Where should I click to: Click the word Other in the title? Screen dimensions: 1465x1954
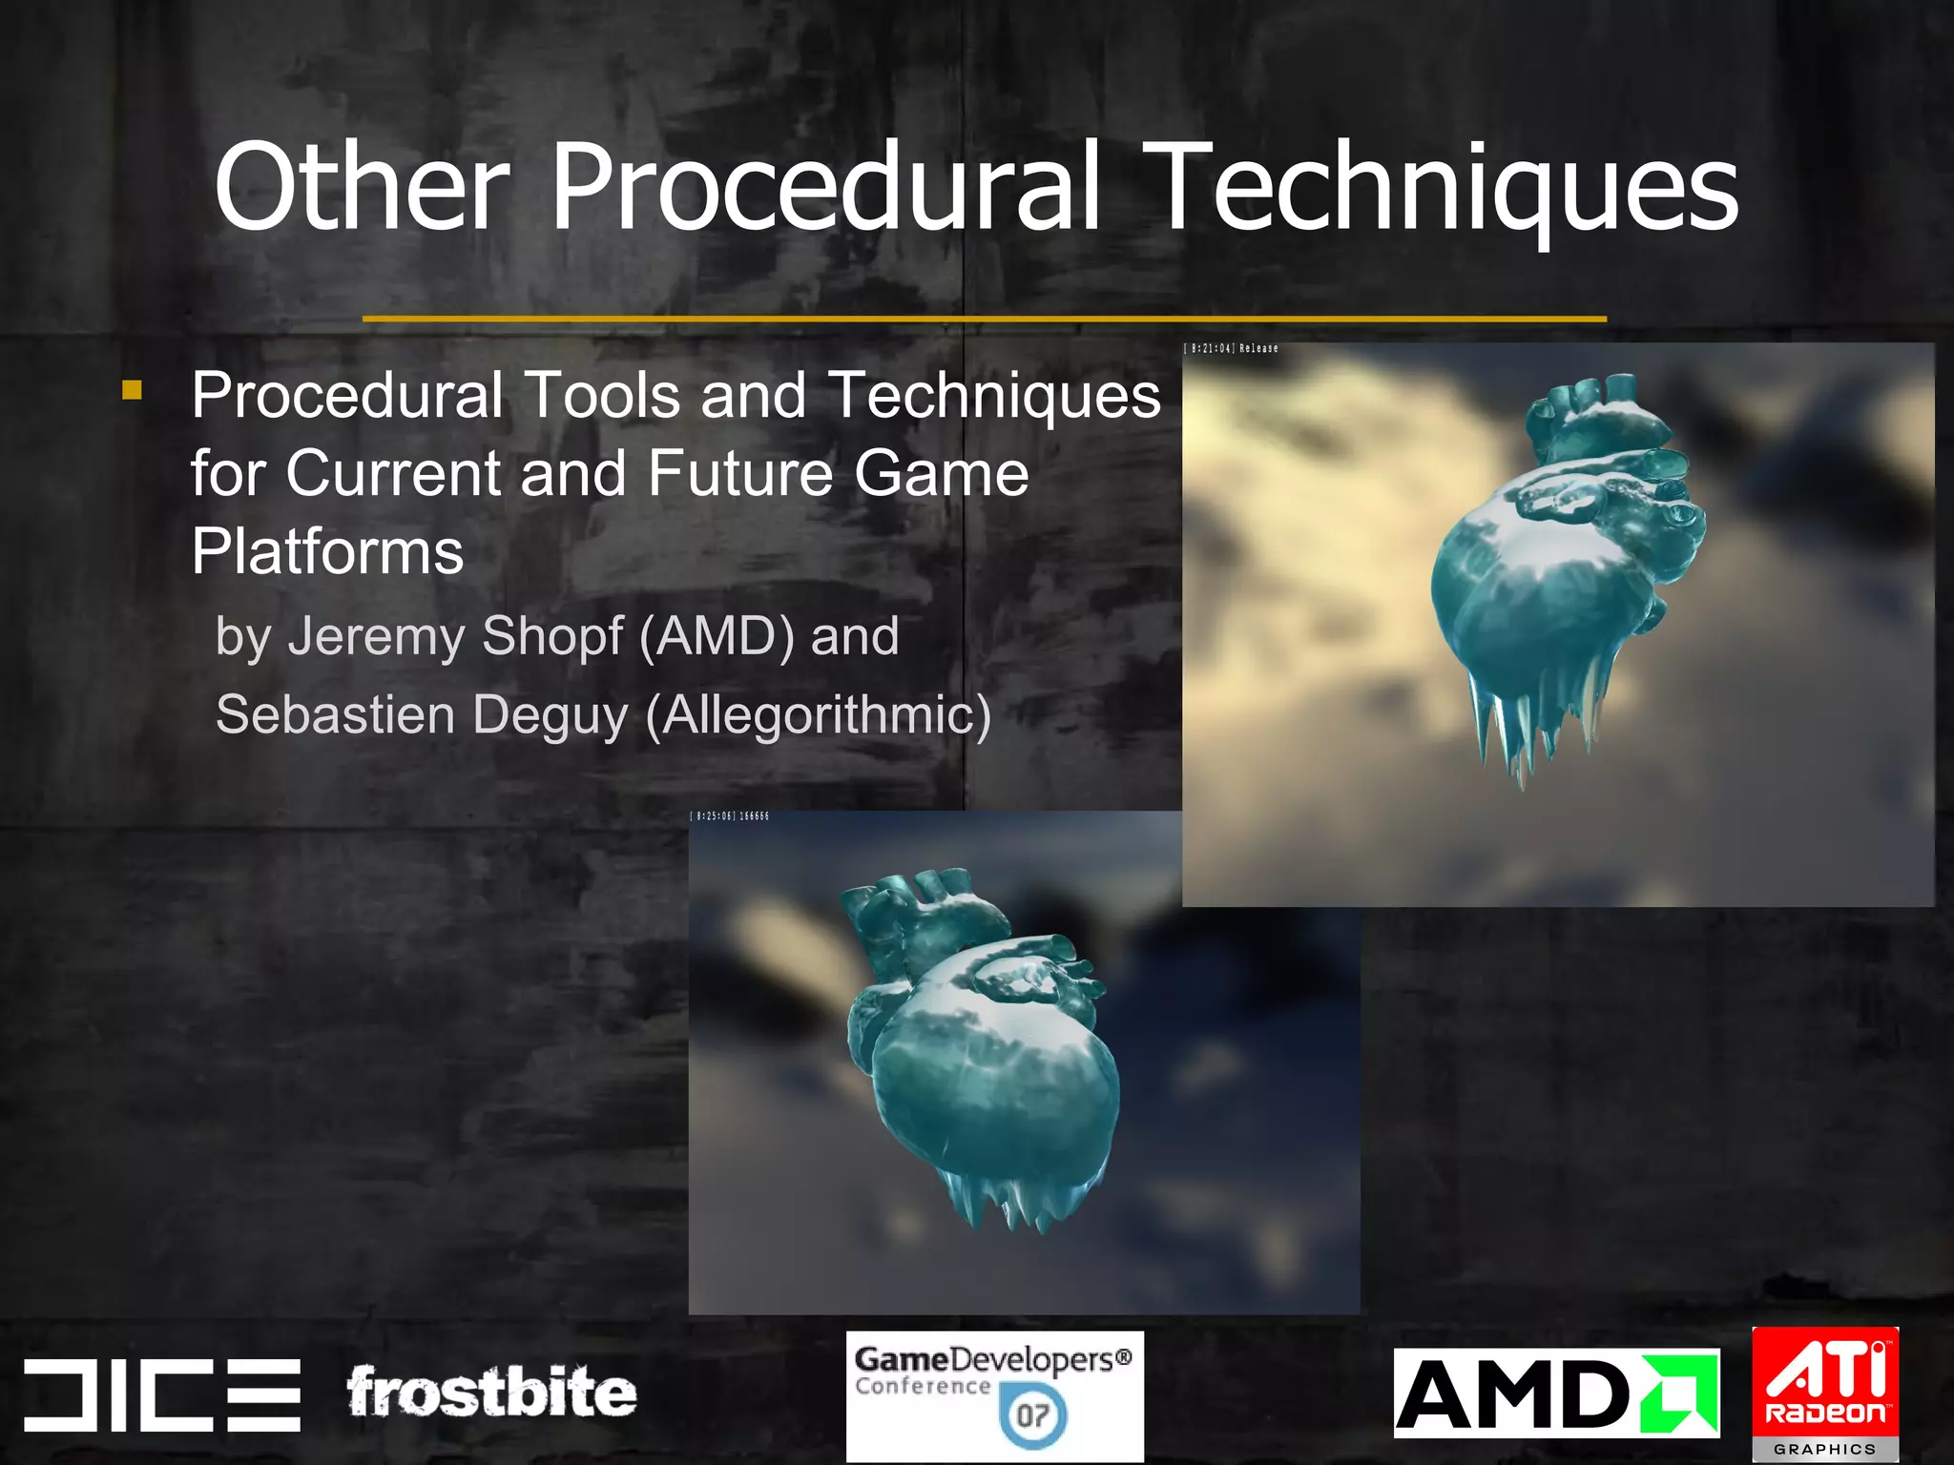pyautogui.click(x=361, y=187)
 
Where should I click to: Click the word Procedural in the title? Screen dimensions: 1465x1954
pyautogui.click(x=826, y=187)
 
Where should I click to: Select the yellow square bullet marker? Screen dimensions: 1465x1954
pyautogui.click(x=132, y=390)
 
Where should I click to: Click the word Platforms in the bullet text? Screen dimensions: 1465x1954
pyautogui.click(x=327, y=551)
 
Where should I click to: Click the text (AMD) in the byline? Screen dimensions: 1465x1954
pyautogui.click(x=716, y=636)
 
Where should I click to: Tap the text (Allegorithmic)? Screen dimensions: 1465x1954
pyautogui.click(x=819, y=715)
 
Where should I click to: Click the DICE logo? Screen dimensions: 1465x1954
pyautogui.click(x=162, y=1394)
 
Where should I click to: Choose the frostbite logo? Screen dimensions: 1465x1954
pyautogui.click(x=490, y=1393)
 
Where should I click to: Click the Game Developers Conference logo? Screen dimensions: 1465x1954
pyautogui.click(x=994, y=1395)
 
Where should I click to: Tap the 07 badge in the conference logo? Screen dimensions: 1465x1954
pyautogui.click(x=1032, y=1415)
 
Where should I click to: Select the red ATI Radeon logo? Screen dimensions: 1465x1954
pyautogui.click(x=1825, y=1393)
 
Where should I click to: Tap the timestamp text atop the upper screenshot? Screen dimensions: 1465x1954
pyautogui.click(x=1232, y=349)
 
